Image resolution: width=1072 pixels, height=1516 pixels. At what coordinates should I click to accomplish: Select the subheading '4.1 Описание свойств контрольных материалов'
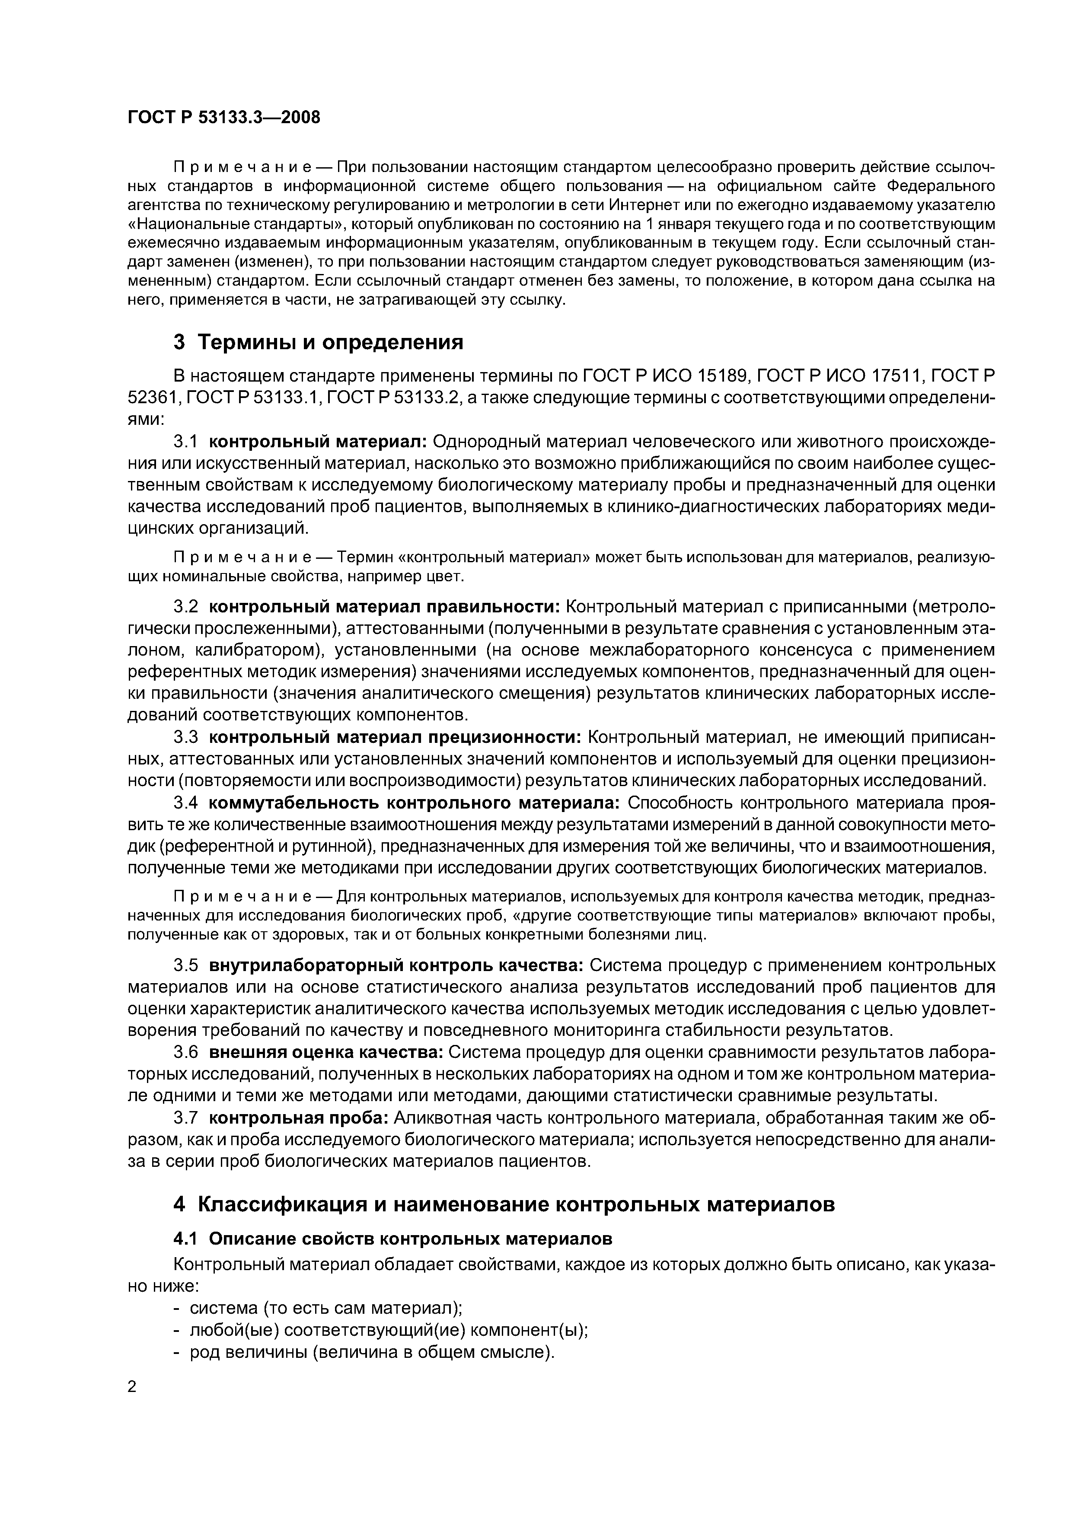point(392,1239)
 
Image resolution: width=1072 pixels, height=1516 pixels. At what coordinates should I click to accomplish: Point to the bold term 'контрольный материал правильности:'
point(384,607)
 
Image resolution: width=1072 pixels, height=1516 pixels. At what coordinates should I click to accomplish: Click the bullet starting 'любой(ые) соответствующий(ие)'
point(388,1330)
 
